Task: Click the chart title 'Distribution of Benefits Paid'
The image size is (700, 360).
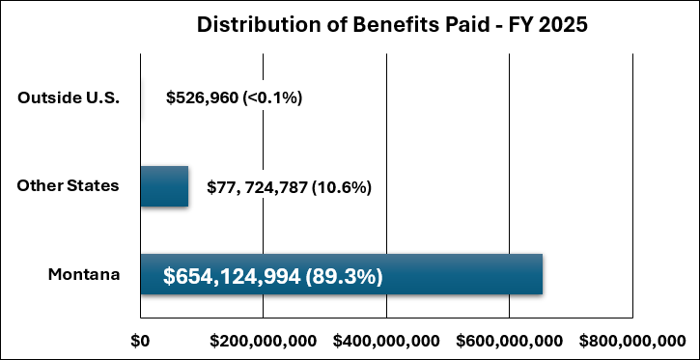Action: point(392,25)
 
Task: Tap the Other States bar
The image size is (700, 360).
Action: point(164,186)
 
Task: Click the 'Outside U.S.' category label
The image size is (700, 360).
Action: point(68,97)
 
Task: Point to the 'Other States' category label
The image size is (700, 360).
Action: point(68,185)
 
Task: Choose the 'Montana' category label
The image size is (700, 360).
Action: point(84,275)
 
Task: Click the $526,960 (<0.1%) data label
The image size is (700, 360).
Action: point(235,97)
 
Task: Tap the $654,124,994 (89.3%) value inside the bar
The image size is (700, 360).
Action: point(273,277)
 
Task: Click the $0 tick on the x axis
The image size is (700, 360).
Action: point(141,341)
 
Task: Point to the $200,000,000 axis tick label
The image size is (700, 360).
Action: point(263,341)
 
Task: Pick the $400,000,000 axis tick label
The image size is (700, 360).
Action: point(386,341)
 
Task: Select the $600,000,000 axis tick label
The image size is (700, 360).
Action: point(509,341)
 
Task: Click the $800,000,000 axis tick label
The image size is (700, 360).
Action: point(631,341)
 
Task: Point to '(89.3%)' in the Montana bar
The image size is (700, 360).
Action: point(345,277)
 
